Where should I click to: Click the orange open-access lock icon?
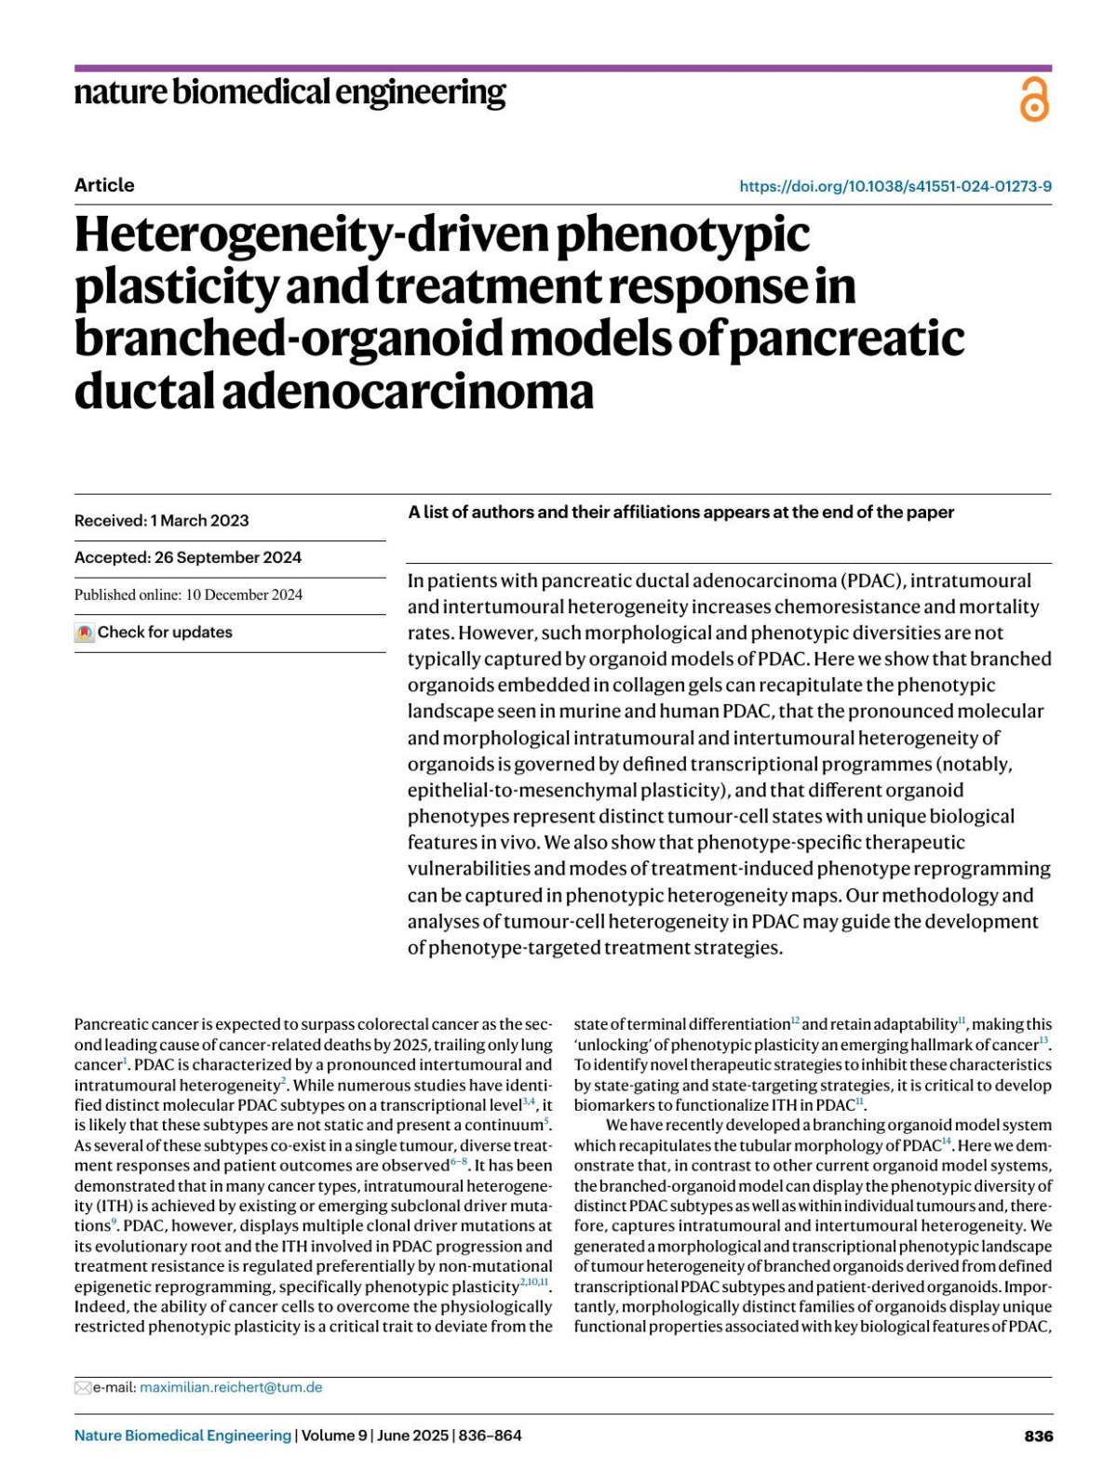(1034, 100)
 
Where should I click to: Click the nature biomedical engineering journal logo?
(289, 93)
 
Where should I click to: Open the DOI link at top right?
(895, 186)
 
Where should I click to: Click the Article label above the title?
(104, 185)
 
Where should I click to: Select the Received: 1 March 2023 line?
(162, 521)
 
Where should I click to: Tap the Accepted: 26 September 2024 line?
(188, 557)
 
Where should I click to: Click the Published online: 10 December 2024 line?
(188, 594)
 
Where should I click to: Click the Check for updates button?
(164, 633)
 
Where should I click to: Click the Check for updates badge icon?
(85, 633)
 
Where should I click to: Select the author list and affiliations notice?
(680, 512)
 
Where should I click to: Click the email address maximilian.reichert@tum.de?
(231, 1387)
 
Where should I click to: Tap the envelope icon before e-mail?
(83, 1388)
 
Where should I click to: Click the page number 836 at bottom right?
(1038, 1435)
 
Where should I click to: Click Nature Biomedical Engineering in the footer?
(182, 1435)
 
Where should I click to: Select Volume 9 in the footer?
(335, 1435)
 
